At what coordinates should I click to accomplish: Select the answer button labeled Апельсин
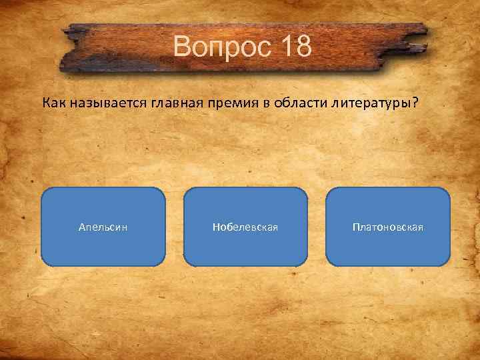pyautogui.click(x=103, y=227)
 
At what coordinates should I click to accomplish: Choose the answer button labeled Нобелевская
pyautogui.click(x=245, y=227)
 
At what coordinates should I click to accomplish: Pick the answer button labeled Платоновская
pyautogui.click(x=388, y=227)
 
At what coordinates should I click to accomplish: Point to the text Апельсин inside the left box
pyautogui.click(x=103, y=227)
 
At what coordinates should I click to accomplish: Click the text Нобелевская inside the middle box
pyautogui.click(x=245, y=227)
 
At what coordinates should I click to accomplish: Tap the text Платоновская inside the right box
pyautogui.click(x=388, y=227)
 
